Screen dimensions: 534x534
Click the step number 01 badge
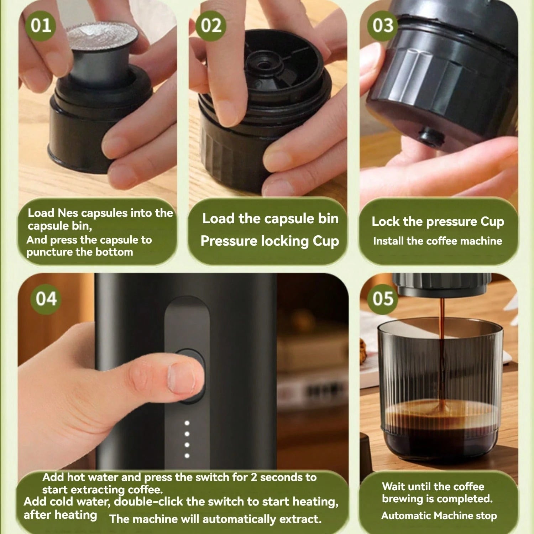click(41, 26)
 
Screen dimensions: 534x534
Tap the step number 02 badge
click(211, 26)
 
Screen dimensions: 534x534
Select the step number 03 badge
click(383, 26)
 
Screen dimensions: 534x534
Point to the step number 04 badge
click(46, 299)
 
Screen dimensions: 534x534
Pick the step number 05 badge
click(383, 299)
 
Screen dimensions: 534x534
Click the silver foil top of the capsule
click(102, 37)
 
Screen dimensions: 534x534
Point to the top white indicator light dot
click(187, 423)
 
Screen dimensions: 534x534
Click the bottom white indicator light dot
click(187, 455)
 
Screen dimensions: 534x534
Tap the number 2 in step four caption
click(254, 477)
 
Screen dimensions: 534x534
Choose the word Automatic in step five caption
click(406, 515)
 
